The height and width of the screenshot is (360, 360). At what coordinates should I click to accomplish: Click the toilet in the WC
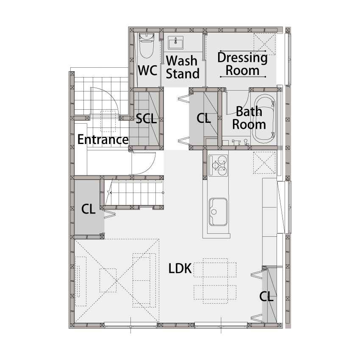pos(147,46)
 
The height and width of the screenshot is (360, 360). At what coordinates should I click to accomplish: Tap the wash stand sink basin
pos(176,43)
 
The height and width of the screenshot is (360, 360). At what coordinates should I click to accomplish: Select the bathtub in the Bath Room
pos(263,119)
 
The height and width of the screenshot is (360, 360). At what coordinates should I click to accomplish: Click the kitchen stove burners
pos(218,165)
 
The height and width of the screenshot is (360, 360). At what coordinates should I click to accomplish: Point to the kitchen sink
pos(218,212)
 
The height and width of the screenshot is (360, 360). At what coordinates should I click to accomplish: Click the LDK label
pos(180,269)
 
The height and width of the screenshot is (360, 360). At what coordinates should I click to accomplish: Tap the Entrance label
pos(103,139)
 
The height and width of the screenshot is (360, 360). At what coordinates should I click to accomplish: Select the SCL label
pos(146,119)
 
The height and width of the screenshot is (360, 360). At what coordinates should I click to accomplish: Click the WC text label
pos(148,70)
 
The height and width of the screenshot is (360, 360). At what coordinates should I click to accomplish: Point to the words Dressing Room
pos(242,64)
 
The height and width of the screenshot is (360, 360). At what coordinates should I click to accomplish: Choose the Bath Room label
pos(249,118)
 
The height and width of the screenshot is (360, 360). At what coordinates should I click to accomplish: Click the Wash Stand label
pos(183,67)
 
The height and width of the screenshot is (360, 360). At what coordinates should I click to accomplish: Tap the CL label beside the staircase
pos(89,209)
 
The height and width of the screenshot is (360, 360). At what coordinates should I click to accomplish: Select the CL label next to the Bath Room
pos(204,119)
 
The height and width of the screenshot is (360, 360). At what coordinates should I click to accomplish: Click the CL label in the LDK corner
pos(266,296)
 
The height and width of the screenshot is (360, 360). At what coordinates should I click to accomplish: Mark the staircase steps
pos(134,193)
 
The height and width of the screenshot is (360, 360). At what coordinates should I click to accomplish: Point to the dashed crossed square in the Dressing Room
pos(264,44)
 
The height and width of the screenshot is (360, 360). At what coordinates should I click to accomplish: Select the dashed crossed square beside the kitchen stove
pos(264,163)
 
